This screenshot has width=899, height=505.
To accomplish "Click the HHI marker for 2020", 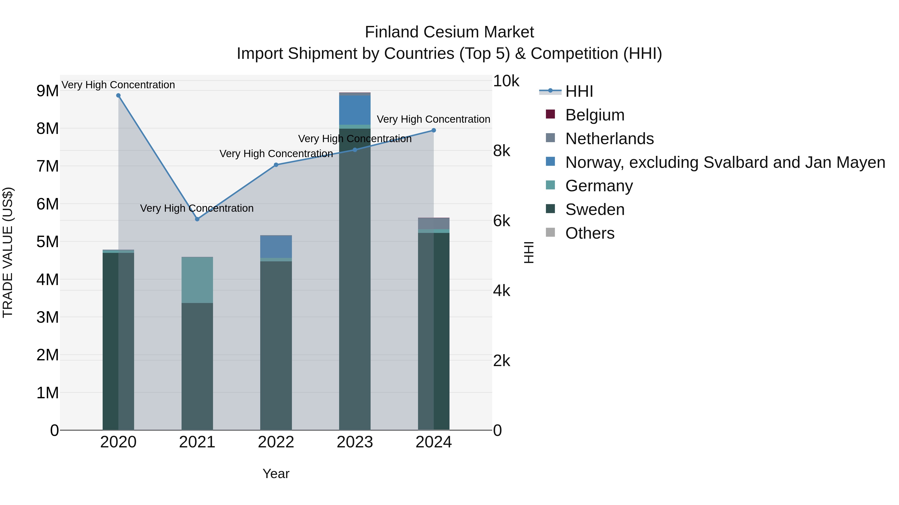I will [118, 96].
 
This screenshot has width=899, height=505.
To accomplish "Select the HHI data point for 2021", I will [197, 219].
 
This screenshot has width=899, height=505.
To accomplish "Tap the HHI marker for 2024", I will [434, 130].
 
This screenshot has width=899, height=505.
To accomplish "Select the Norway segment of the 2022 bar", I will [276, 247].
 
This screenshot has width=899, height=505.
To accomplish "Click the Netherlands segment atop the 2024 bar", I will [434, 224].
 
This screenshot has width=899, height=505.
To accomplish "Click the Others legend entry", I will [590, 233].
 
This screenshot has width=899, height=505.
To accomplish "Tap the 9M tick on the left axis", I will [47, 91].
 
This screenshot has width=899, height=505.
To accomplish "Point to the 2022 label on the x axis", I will [276, 442].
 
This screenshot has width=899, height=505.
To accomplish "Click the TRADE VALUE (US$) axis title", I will [8, 252].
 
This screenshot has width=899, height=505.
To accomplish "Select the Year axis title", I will [276, 474].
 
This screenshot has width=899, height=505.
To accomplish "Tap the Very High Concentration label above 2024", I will [434, 119].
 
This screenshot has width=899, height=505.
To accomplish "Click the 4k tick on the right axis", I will [501, 291].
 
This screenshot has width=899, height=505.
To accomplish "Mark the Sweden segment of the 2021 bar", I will [197, 366].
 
